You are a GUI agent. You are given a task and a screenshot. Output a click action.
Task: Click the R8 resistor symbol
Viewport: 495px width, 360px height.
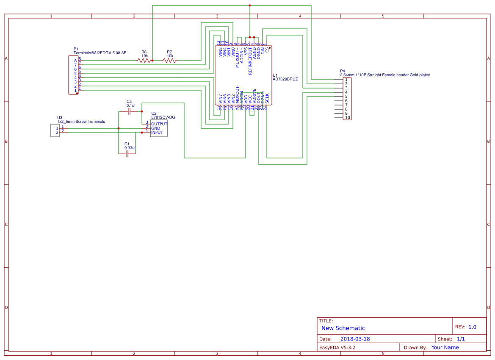(144, 61)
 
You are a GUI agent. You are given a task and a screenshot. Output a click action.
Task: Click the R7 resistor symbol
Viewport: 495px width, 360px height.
(169, 61)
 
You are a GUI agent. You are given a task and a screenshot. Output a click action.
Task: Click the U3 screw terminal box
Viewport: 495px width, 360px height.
(55, 130)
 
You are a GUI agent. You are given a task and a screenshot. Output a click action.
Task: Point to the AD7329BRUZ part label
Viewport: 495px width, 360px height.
(285, 79)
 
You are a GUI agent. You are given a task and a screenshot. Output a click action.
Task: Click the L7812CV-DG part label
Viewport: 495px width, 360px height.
(163, 117)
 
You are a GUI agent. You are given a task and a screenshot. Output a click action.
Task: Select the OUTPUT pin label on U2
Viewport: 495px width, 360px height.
(159, 124)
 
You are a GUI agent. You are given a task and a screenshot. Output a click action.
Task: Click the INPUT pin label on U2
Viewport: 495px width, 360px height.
(157, 133)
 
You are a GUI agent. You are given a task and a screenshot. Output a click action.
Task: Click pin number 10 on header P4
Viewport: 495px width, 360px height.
(347, 118)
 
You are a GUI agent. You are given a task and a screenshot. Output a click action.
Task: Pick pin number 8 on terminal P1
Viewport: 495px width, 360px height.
(75, 61)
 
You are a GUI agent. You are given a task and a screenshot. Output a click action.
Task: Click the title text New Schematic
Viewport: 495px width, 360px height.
(343, 328)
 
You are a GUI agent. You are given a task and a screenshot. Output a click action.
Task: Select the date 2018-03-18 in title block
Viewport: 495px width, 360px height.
(355, 339)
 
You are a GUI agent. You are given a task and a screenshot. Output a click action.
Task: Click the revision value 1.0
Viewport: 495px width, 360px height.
(472, 327)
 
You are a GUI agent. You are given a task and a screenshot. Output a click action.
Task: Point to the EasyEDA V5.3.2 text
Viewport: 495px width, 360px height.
(337, 348)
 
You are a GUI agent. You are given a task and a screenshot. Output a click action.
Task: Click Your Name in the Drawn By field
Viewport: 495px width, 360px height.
(445, 348)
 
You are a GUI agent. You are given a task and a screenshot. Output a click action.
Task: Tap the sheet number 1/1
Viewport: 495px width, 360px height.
(461, 339)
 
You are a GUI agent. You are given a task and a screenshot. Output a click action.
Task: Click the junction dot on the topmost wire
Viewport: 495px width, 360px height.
(250, 6)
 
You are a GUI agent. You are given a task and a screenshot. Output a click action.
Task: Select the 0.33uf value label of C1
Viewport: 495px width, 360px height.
(130, 148)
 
